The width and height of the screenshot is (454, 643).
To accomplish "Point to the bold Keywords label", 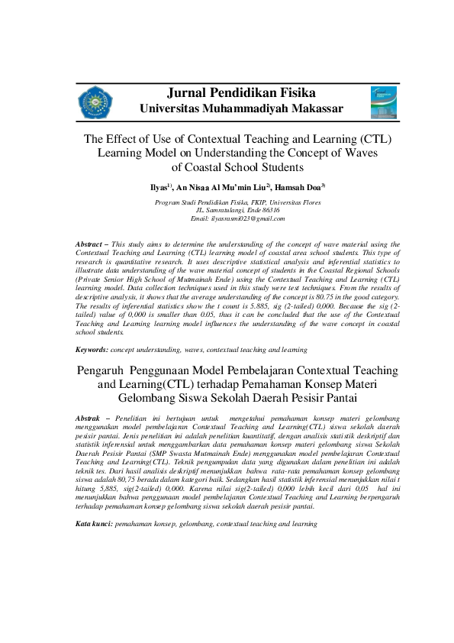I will click(92, 349).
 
